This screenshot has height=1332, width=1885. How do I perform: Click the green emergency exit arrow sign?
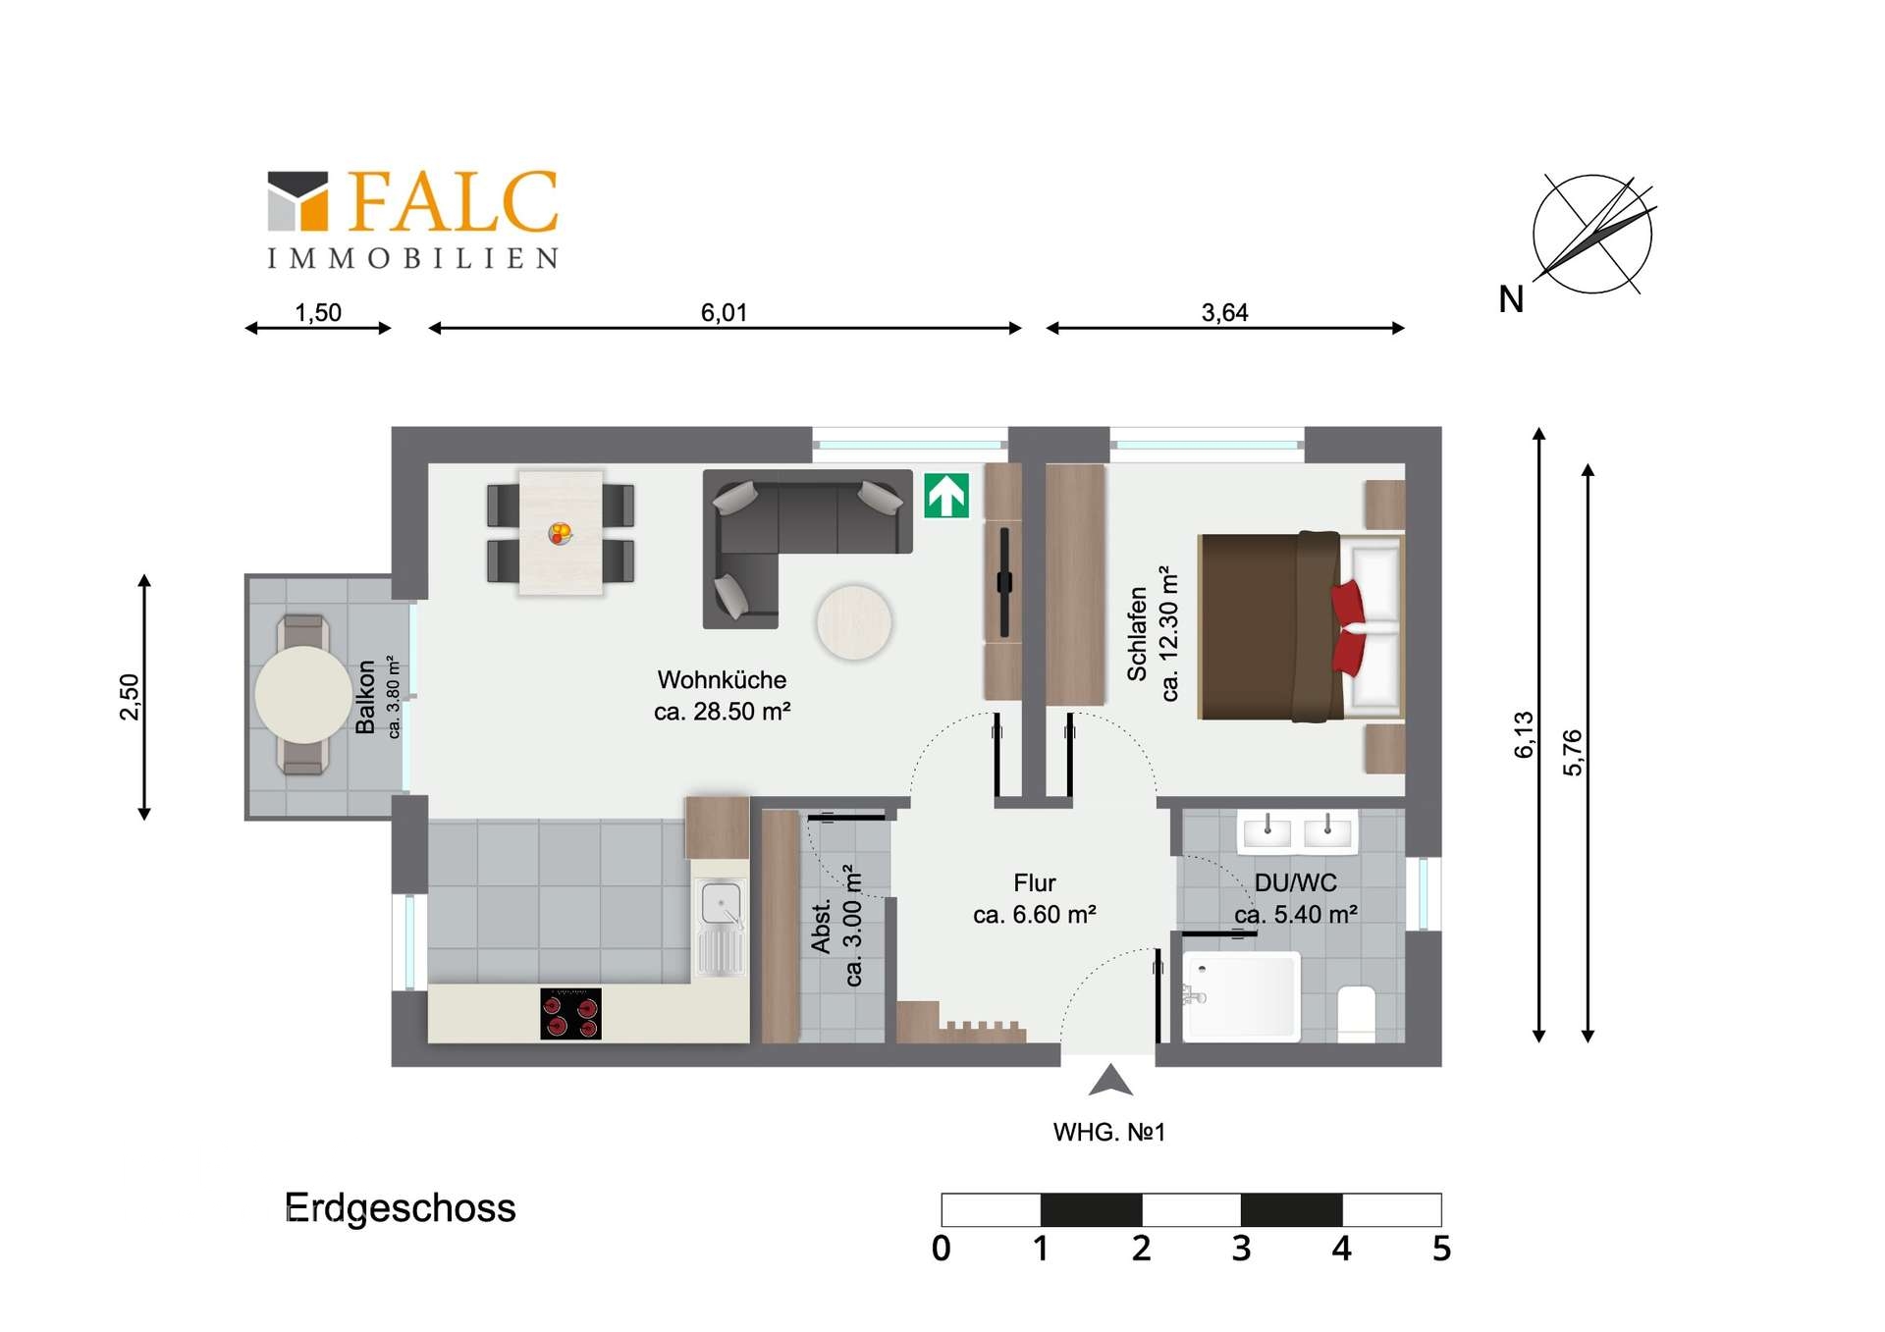pyautogui.click(x=946, y=496)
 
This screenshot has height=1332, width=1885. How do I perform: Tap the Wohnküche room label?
pyautogui.click(x=722, y=680)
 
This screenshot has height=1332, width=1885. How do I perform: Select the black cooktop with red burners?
pyautogui.click(x=570, y=1014)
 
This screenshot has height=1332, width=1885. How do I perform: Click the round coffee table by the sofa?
pyautogui.click(x=853, y=622)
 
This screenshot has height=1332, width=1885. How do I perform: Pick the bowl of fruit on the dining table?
pyautogui.click(x=560, y=534)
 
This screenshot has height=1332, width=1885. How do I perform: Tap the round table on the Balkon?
pyautogui.click(x=303, y=694)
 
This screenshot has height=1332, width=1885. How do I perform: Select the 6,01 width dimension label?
pyautogui.click(x=724, y=312)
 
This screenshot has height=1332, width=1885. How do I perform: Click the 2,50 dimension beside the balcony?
pyautogui.click(x=130, y=697)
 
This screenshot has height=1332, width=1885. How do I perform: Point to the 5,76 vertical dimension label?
pyautogui.click(x=1573, y=753)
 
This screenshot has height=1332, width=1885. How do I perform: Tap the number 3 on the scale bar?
pyautogui.click(x=1241, y=1250)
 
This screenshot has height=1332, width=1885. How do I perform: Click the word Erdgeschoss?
pyautogui.click(x=400, y=1208)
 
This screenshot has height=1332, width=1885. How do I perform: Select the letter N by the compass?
pyautogui.click(x=1511, y=299)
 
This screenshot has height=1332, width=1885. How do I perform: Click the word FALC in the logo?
pyautogui.click(x=453, y=201)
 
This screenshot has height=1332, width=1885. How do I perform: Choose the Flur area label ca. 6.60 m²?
pyautogui.click(x=1034, y=915)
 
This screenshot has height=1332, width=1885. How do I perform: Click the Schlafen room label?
pyautogui.click(x=1137, y=633)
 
